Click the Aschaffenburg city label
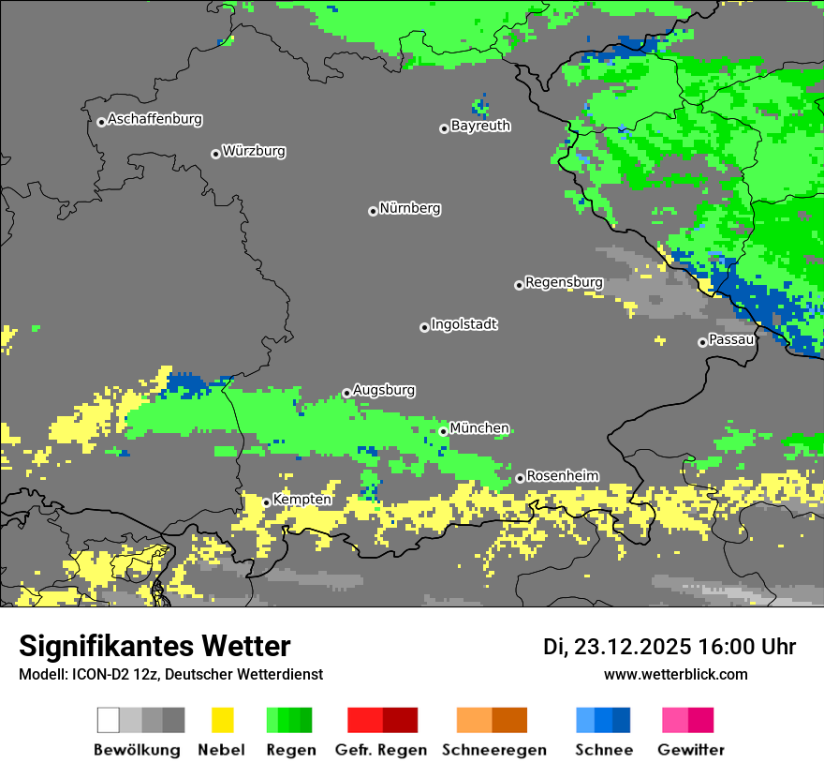[x=154, y=120]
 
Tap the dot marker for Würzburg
[x=215, y=154]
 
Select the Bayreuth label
[x=480, y=126]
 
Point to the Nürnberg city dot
[x=373, y=211]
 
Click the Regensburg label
[x=564, y=282]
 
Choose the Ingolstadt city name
[x=463, y=325]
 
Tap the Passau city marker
[x=702, y=342]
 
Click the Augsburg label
[x=384, y=390]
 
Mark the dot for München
[x=444, y=431]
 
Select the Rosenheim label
[x=562, y=476]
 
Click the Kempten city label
[x=302, y=500]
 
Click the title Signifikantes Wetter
[x=154, y=646]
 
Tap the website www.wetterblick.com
[x=675, y=675]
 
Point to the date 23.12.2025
[x=632, y=647]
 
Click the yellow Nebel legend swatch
[x=222, y=720]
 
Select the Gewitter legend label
[x=690, y=750]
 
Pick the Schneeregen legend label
[x=494, y=750]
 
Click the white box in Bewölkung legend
[x=109, y=720]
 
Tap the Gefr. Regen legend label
[x=380, y=750]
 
